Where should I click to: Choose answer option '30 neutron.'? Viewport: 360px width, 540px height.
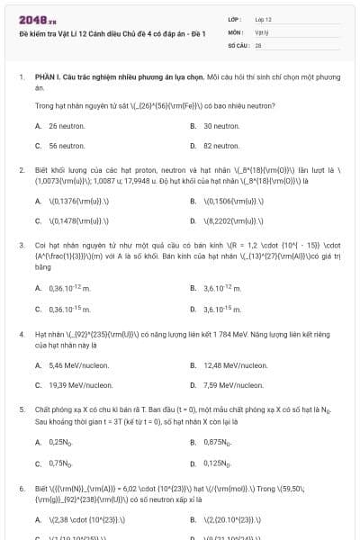(220, 126)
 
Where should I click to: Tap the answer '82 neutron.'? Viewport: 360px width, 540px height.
(220, 145)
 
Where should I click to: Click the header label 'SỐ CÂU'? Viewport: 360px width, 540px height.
(238, 43)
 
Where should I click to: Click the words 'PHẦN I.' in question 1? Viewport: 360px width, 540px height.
(47, 78)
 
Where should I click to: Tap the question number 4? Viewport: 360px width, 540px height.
(21, 333)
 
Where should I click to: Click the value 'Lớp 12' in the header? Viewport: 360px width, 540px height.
(264, 18)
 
